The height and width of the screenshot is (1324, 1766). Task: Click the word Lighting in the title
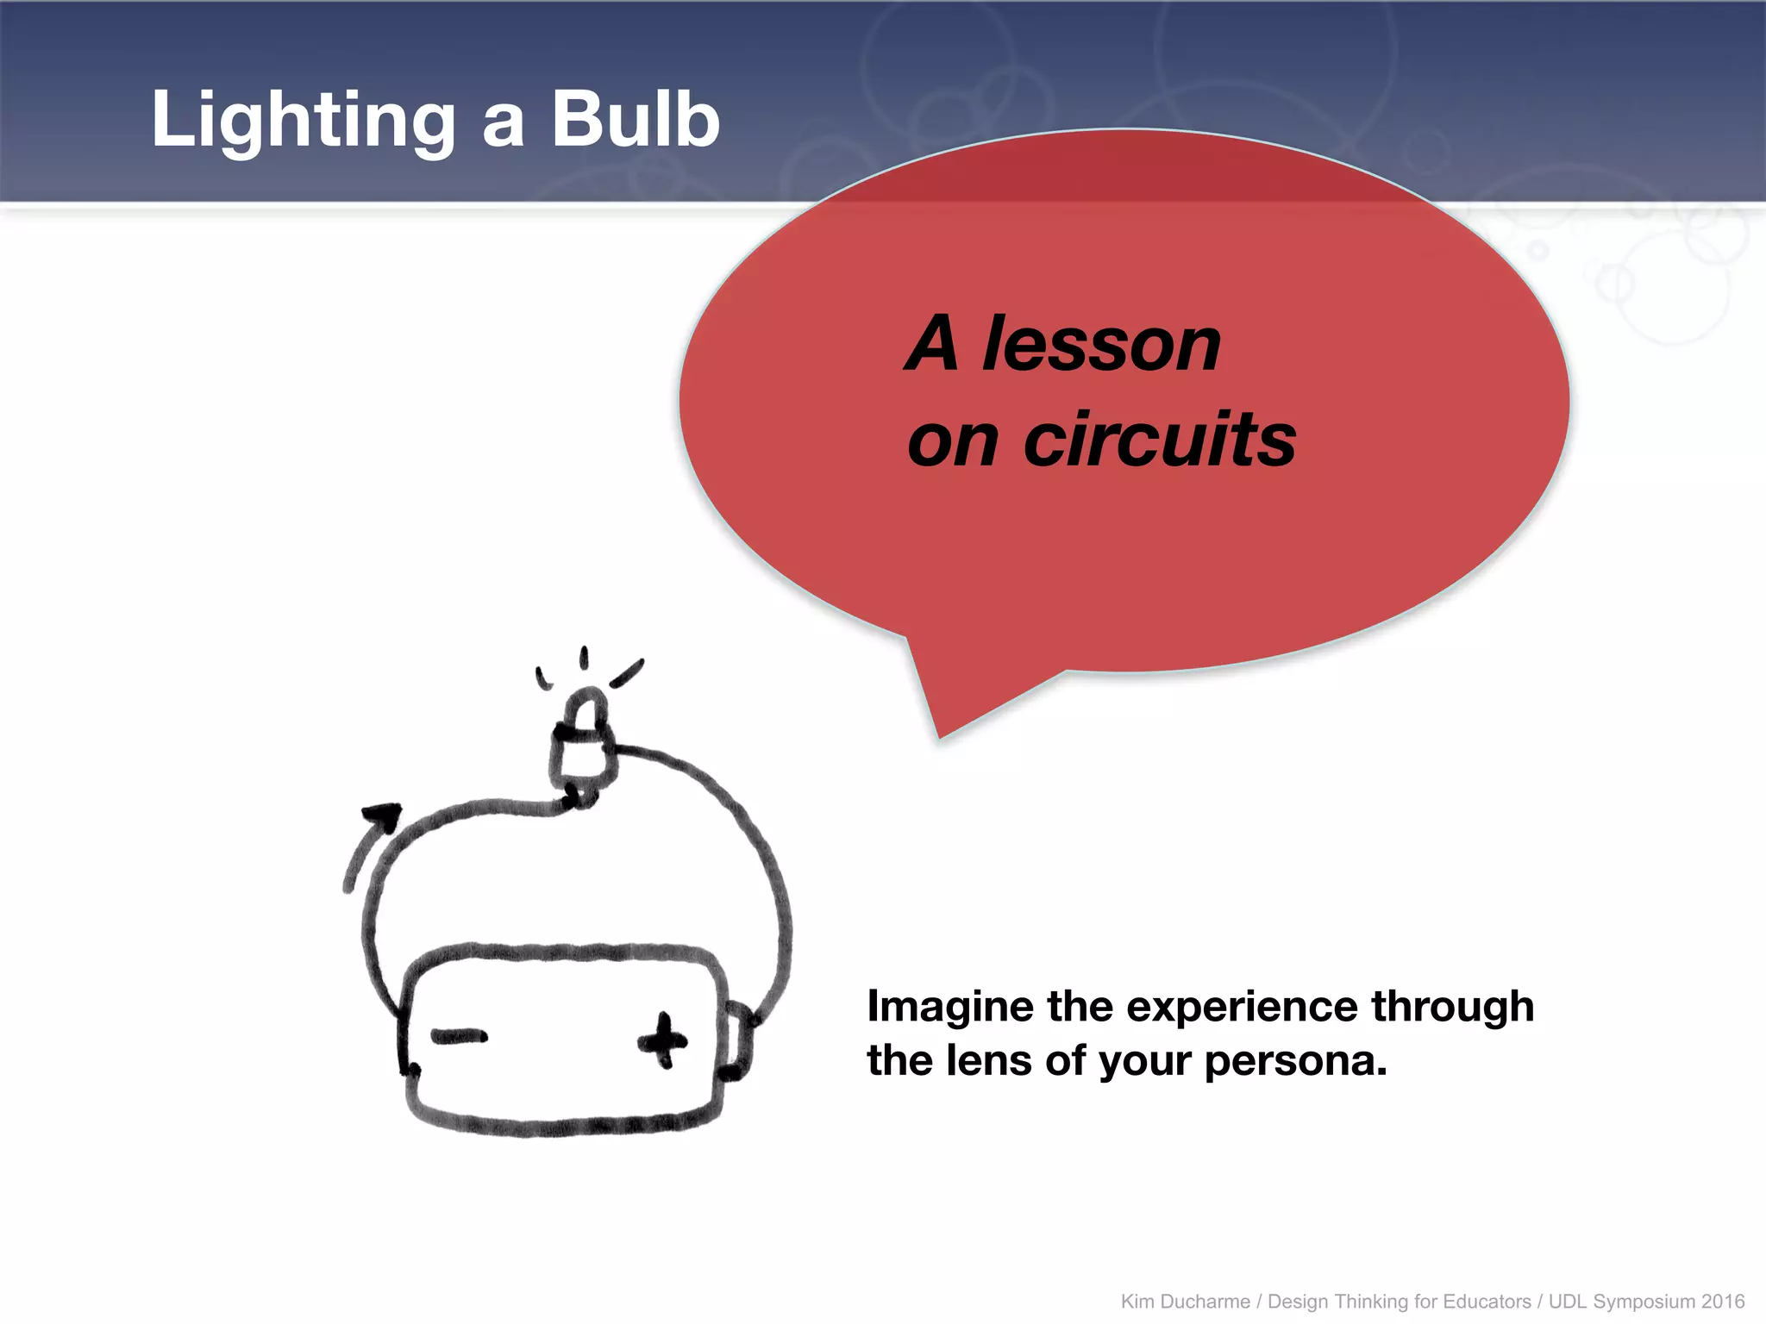click(x=302, y=121)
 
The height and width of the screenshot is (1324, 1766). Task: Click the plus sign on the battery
click(x=662, y=1040)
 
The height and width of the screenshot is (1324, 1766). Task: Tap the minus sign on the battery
click(x=459, y=1037)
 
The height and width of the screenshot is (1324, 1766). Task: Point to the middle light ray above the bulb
click(x=584, y=659)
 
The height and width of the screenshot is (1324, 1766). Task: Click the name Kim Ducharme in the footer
click(x=1185, y=1302)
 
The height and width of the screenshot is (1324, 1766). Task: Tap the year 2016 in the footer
click(x=1722, y=1302)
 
